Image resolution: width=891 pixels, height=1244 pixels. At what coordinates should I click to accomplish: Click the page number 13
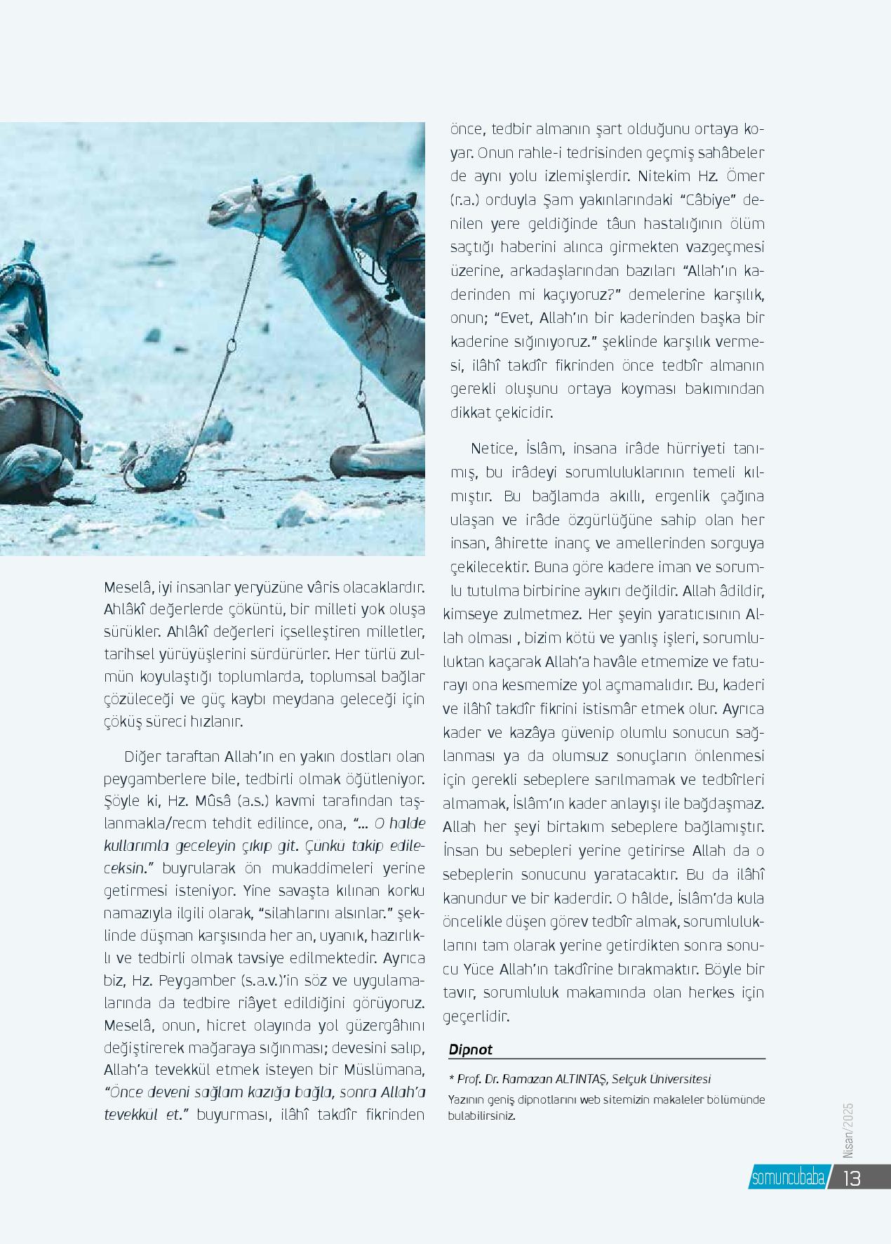pos(852,1178)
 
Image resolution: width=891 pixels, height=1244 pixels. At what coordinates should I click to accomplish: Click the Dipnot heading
pos(471,1050)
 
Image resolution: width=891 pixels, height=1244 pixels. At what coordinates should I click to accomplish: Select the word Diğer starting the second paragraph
pos(142,756)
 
